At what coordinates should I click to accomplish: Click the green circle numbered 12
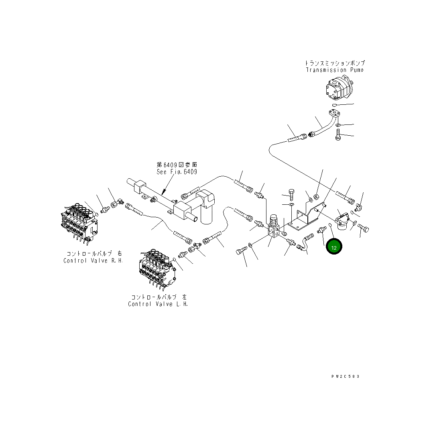(x=334, y=247)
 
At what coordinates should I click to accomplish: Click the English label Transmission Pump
(x=334, y=70)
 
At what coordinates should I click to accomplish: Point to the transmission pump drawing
(x=338, y=88)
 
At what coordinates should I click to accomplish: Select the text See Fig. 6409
(x=177, y=172)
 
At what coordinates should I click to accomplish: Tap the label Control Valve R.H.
(x=93, y=261)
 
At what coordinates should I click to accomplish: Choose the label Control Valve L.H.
(x=158, y=304)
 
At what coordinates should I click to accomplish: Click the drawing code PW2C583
(x=345, y=377)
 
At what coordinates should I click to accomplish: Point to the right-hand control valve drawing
(x=79, y=223)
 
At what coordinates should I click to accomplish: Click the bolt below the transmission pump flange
(x=338, y=135)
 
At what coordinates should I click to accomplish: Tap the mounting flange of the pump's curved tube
(x=334, y=114)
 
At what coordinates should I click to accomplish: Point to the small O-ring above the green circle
(x=330, y=225)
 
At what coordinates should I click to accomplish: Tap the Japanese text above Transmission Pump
(x=334, y=63)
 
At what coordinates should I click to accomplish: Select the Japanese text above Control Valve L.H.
(x=159, y=297)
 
